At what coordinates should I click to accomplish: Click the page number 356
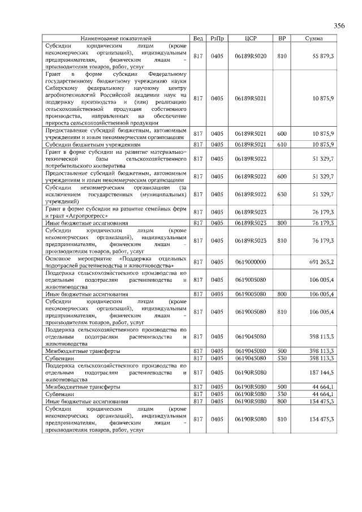click(x=338, y=26)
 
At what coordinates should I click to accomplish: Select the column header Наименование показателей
click(x=115, y=38)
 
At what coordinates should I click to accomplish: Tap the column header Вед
click(x=198, y=38)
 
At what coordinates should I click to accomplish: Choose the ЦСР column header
click(x=251, y=38)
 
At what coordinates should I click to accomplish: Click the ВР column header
click(x=282, y=38)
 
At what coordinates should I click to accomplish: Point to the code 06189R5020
click(x=251, y=57)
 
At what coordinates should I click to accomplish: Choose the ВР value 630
click(x=282, y=194)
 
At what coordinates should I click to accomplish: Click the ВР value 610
click(x=282, y=145)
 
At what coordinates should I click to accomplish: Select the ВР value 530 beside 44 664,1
click(x=282, y=393)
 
